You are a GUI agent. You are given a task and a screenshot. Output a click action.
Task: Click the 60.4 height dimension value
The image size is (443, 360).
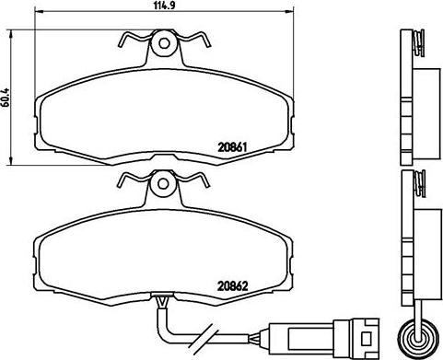coord(6,98)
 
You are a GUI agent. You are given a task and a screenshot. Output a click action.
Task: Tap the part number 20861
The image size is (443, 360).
coord(232,147)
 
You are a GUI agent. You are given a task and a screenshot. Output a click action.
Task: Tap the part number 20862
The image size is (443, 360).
coord(232,286)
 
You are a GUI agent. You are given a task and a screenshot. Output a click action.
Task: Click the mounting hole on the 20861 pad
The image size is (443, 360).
coord(164,43)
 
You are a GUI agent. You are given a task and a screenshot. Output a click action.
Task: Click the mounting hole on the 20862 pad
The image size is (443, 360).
coord(163,184)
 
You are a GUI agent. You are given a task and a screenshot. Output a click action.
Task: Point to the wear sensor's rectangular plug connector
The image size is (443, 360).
coord(323,336)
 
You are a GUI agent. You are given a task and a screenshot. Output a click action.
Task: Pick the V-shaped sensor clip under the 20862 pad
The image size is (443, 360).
coord(163,302)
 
